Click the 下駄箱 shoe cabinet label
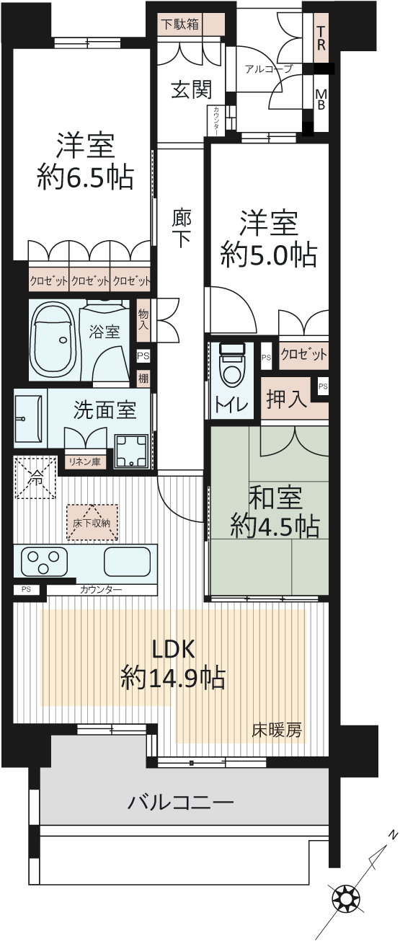[180, 25]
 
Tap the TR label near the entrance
[321, 38]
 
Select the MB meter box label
[321, 99]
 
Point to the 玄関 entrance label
[192, 89]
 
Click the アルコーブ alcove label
[269, 69]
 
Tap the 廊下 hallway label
[182, 229]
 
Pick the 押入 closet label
[287, 398]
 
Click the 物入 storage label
[143, 319]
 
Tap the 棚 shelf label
[143, 378]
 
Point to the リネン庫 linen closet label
[84, 461]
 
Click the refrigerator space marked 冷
[36, 477]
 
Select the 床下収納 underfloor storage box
[92, 522]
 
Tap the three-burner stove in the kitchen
[43, 562]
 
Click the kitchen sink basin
[127, 562]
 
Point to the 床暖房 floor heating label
[276, 730]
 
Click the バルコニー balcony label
[180, 803]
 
